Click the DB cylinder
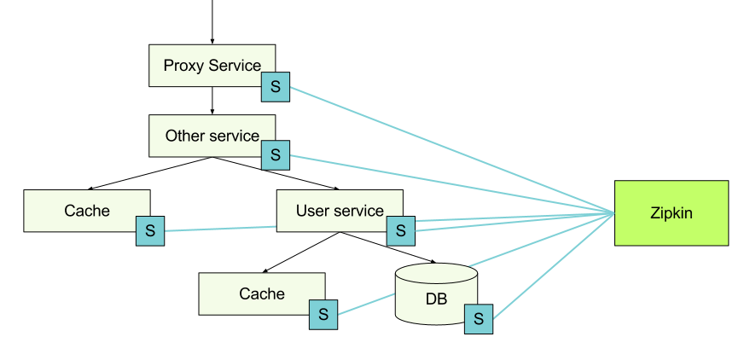(x=435, y=294)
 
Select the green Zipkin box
(x=672, y=213)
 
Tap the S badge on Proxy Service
(x=276, y=87)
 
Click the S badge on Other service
(x=276, y=154)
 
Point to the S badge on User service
(x=401, y=230)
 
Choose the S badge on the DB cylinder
(x=479, y=319)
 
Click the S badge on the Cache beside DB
(x=323, y=314)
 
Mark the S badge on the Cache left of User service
(x=150, y=230)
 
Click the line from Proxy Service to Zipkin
(x=452, y=149)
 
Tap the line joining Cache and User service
(x=220, y=229)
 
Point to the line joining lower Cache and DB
(x=367, y=305)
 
